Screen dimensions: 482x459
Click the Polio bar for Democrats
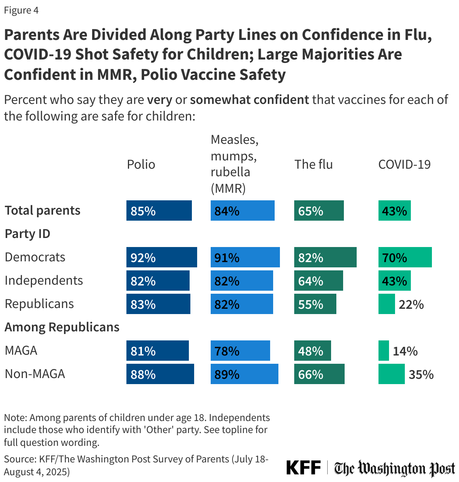click(x=161, y=257)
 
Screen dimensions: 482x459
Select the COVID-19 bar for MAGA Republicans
click(x=383, y=351)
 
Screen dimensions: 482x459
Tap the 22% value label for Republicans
click(x=411, y=304)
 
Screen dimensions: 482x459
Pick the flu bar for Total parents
click(x=319, y=210)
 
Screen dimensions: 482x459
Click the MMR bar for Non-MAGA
click(x=244, y=374)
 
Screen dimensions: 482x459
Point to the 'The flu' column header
click(x=313, y=164)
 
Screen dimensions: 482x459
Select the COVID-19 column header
click(x=404, y=164)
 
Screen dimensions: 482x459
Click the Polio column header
click(x=141, y=164)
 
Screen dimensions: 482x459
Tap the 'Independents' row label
click(x=44, y=281)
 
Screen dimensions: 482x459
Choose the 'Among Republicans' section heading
click(x=62, y=327)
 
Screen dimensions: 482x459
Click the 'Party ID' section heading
click(x=27, y=234)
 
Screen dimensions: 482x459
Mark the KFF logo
click(x=303, y=468)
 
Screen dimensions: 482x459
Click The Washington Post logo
click(x=394, y=468)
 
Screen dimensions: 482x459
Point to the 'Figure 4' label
click(x=21, y=10)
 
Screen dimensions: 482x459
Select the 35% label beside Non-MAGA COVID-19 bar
click(x=421, y=374)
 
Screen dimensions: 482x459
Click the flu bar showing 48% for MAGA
click(x=312, y=351)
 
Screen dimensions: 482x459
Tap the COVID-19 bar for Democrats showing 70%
click(x=405, y=257)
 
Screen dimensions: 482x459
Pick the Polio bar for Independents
click(x=158, y=281)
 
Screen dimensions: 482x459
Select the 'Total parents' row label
click(x=43, y=210)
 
